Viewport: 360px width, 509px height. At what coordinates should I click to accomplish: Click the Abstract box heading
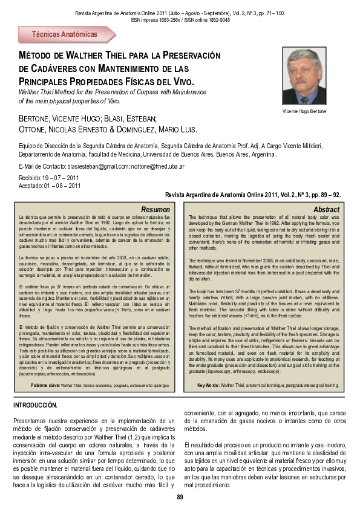pyautogui.click(x=326, y=209)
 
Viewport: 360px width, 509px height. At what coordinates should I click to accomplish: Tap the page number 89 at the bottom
pyautogui.click(x=180, y=497)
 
